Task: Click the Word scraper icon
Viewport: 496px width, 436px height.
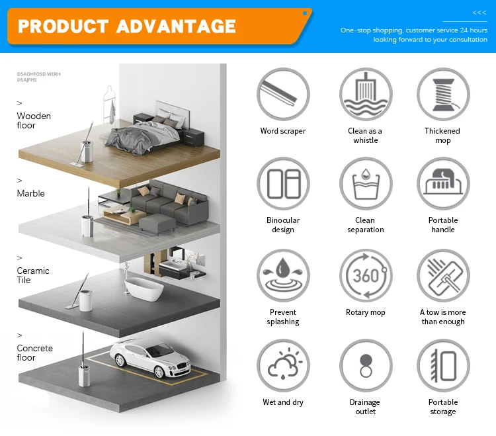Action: (x=283, y=95)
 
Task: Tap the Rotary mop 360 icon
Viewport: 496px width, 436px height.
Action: (x=366, y=276)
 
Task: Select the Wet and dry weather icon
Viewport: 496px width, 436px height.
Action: (x=283, y=366)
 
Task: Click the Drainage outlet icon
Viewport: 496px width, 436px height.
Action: (x=366, y=366)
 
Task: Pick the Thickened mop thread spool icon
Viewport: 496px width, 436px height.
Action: (x=443, y=95)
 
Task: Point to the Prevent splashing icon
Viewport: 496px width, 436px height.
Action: (x=283, y=276)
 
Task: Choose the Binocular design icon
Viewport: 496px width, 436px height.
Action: (x=283, y=184)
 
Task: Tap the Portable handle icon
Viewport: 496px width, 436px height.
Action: (x=443, y=184)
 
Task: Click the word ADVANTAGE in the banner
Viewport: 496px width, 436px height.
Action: (x=176, y=26)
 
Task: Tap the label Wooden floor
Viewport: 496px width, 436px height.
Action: (x=34, y=120)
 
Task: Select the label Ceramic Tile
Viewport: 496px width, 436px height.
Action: (x=33, y=275)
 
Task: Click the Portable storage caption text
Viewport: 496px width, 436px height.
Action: (x=443, y=407)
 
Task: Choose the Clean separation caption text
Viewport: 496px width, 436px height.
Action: (x=366, y=225)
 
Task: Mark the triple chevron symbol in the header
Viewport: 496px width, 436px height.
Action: (x=479, y=13)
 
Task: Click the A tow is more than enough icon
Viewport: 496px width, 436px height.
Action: (x=443, y=276)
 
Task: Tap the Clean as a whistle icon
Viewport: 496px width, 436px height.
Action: (x=366, y=95)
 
